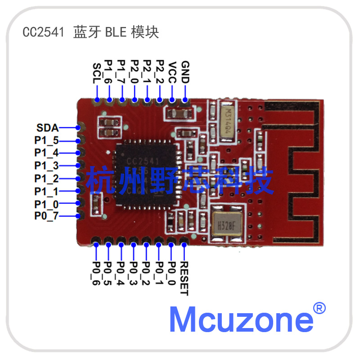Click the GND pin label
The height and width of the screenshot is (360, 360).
[185, 72]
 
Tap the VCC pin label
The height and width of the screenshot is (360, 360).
[172, 72]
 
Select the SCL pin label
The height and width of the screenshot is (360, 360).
[97, 73]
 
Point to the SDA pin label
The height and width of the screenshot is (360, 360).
[48, 128]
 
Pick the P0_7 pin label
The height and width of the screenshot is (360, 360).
[46, 216]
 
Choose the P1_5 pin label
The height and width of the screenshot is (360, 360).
[46, 140]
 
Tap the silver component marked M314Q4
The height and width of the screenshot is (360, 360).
[230, 119]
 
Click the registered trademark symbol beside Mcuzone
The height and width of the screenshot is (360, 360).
[319, 308]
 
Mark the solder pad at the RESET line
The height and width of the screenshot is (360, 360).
[184, 244]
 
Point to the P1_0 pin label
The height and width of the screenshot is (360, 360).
[46, 204]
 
